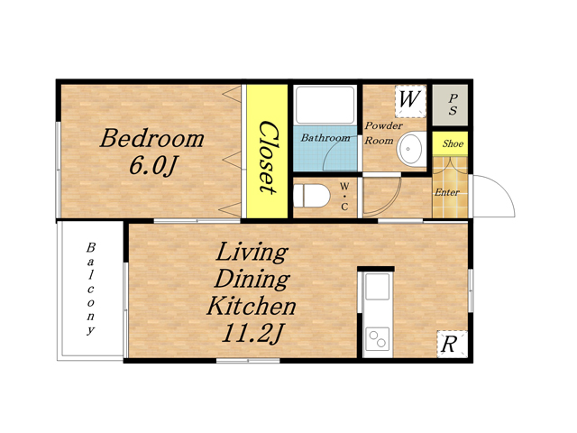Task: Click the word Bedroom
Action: pyautogui.click(x=152, y=138)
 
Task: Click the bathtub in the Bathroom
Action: pyautogui.click(x=325, y=105)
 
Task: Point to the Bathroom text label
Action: pyautogui.click(x=325, y=138)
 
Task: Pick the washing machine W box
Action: pyautogui.click(x=410, y=100)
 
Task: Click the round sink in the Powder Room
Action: pyautogui.click(x=410, y=149)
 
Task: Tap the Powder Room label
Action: pyautogui.click(x=383, y=133)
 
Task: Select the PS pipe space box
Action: pyautogui.click(x=451, y=105)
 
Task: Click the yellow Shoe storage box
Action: pyautogui.click(x=451, y=143)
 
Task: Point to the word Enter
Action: pyautogui.click(x=447, y=192)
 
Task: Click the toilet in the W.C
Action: pyautogui.click(x=311, y=196)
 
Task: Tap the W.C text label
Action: pyautogui.click(x=344, y=197)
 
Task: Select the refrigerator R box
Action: pyautogui.click(x=452, y=345)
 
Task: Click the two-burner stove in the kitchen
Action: pyautogui.click(x=378, y=339)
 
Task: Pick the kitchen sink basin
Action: pyautogui.click(x=377, y=287)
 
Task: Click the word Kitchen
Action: pyautogui.click(x=252, y=305)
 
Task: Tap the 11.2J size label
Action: pyautogui.click(x=252, y=333)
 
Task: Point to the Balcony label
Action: pyautogui.click(x=90, y=289)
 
